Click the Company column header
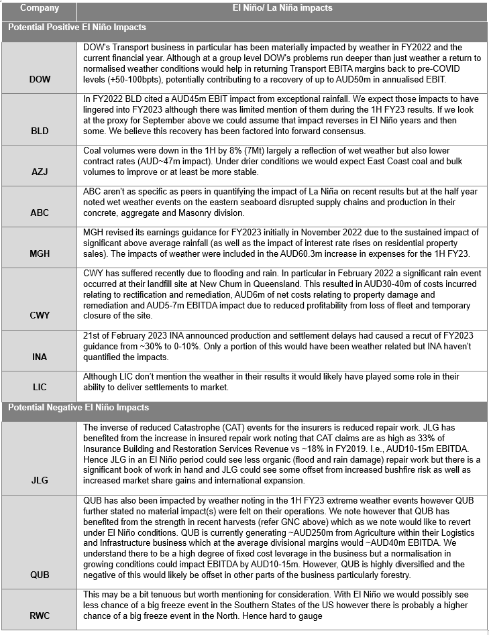click(x=40, y=9)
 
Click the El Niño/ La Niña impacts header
click(x=282, y=9)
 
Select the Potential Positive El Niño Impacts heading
click(x=77, y=27)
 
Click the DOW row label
click(x=40, y=79)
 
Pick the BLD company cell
click(x=40, y=131)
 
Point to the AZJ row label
click(x=40, y=173)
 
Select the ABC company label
click(x=40, y=213)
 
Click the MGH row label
click(x=40, y=254)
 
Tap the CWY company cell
click(x=40, y=314)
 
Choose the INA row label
click(x=40, y=357)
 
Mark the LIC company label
click(x=40, y=388)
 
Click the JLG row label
click(x=40, y=480)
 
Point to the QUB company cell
click(x=40, y=575)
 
